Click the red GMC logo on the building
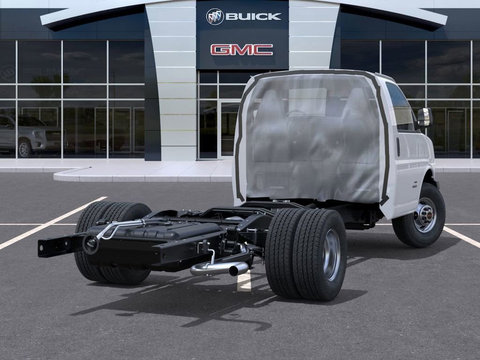click(x=241, y=50)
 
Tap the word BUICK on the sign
click(x=253, y=16)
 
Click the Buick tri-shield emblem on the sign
click(x=215, y=16)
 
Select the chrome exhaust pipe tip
click(x=238, y=269)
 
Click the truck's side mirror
click(x=424, y=117)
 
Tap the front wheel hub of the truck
click(x=425, y=215)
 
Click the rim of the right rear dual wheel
click(x=331, y=255)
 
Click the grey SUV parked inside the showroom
click(x=28, y=135)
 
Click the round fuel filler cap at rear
click(x=90, y=244)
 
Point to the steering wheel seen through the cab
click(x=296, y=123)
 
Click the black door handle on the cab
click(x=398, y=147)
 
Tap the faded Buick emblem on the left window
click(x=8, y=73)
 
